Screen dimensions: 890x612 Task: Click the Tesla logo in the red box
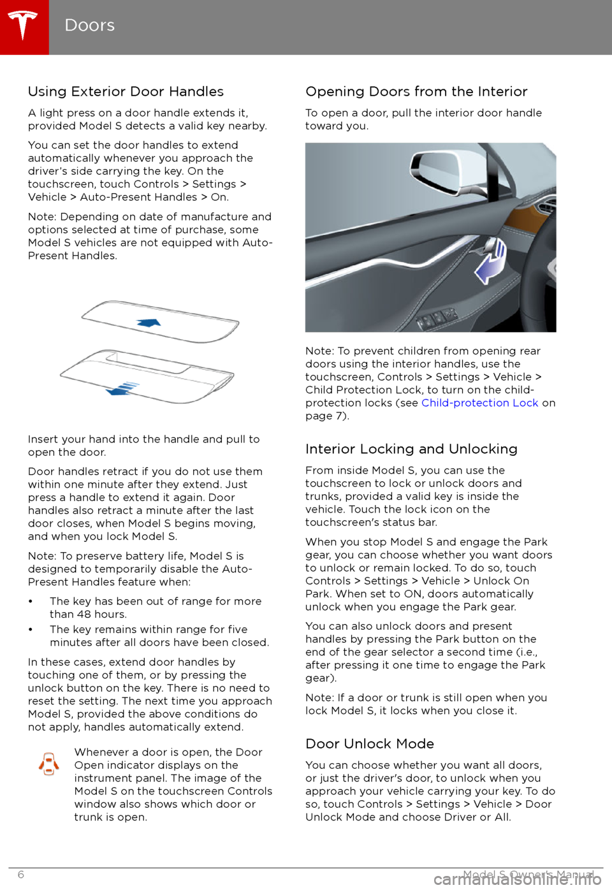pos(24,26)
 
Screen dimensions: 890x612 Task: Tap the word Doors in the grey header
pos(90,26)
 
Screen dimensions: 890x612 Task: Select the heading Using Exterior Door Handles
pos(126,92)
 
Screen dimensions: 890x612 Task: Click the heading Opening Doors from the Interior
pos(416,92)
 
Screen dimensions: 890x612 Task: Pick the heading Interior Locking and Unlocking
pos(411,449)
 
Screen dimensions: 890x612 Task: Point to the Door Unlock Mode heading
pos(370,744)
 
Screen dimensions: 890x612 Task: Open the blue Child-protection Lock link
pos(479,403)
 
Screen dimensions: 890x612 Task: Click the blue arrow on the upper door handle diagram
pos(149,323)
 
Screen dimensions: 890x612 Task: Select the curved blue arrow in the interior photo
pos(491,261)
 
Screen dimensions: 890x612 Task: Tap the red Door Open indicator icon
pos(49,764)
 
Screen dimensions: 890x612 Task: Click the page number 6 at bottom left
pos(21,875)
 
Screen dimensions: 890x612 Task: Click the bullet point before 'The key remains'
pos(31,630)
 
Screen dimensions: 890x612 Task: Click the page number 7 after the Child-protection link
pos(340,416)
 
